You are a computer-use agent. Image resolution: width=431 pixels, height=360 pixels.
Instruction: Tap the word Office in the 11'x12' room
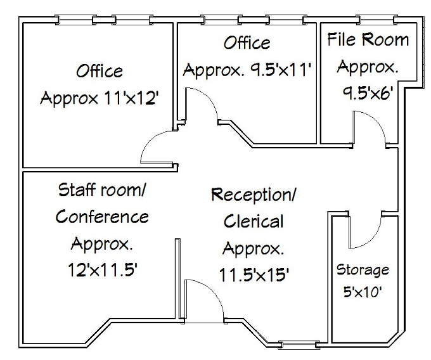point(99,70)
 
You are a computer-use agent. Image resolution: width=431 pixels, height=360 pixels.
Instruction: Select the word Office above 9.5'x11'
point(247,42)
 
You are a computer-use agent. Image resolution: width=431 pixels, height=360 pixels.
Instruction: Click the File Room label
point(368,40)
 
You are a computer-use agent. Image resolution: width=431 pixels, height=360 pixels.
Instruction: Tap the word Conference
point(102,217)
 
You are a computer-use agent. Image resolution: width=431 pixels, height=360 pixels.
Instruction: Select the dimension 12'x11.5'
point(102,271)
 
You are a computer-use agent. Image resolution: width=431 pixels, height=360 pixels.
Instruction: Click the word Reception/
point(254,194)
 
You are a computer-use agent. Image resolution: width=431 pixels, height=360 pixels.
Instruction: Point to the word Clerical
point(254,221)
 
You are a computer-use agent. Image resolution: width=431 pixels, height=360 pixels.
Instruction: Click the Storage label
point(363,271)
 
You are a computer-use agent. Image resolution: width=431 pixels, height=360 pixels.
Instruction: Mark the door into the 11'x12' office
point(157,145)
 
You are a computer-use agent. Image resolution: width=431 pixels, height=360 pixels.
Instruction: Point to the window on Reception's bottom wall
point(300,345)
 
